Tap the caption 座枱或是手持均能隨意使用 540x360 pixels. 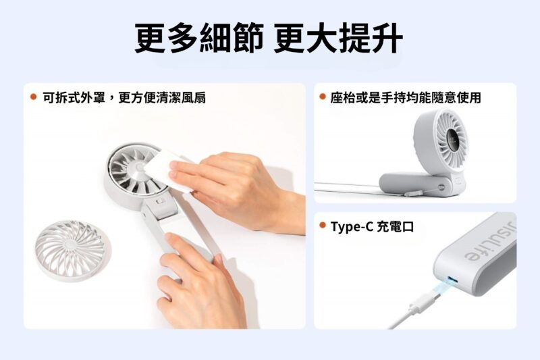click(x=406, y=98)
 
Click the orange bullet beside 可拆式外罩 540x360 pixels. click(x=33, y=97)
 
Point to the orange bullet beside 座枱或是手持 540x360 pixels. click(x=323, y=97)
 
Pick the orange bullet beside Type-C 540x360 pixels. click(x=323, y=226)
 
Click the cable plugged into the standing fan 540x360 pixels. click(x=351, y=185)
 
